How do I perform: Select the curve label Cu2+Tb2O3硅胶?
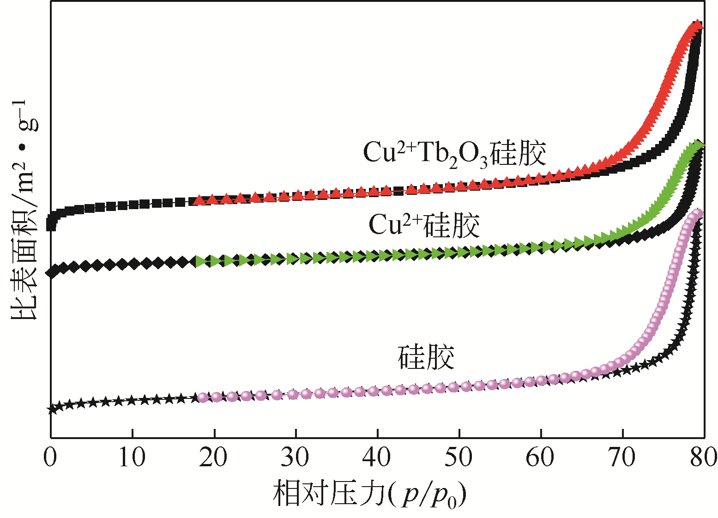tap(454, 154)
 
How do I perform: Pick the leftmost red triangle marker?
tap(199, 200)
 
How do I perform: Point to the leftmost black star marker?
tap(52, 409)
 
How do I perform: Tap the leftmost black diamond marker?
tap(52, 272)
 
